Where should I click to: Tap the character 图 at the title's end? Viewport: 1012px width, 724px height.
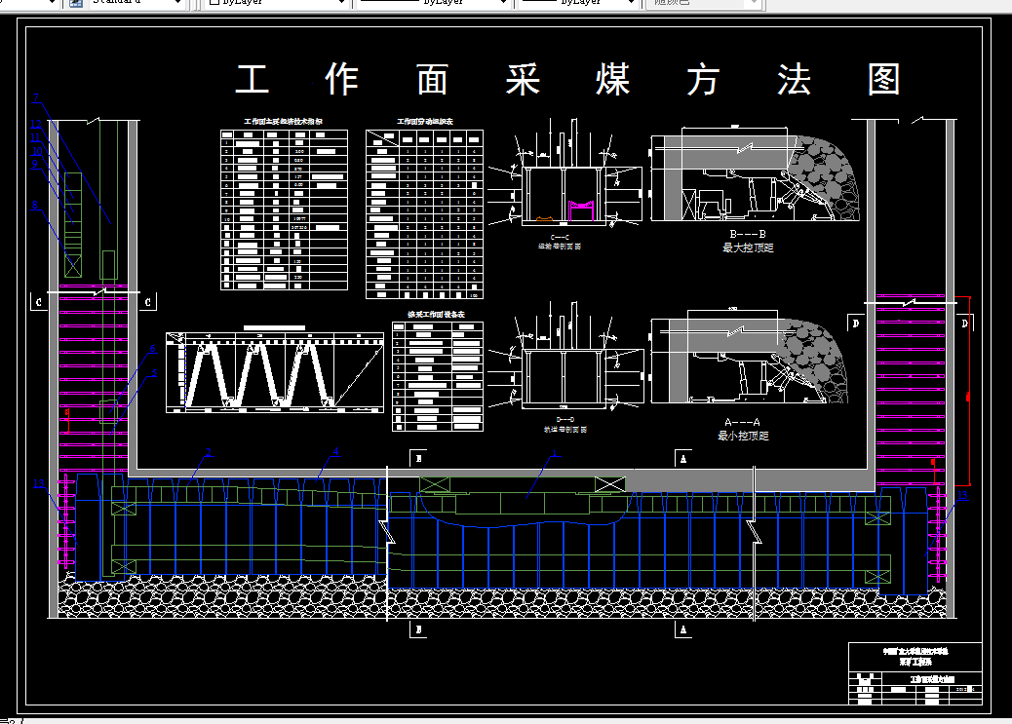[884, 80]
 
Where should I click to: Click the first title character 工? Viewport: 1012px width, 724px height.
[252, 80]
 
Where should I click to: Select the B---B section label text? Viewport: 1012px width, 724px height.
[747, 235]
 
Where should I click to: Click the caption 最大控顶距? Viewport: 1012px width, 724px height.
[747, 248]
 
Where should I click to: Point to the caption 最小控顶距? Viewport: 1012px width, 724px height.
[743, 436]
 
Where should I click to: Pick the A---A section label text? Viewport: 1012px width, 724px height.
[743, 422]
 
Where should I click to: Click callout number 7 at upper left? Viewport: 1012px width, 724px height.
[35, 97]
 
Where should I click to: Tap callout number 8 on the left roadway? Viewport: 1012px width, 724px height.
[35, 205]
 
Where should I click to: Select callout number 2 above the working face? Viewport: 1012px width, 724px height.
[208, 452]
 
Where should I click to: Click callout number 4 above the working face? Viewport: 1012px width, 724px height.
[335, 452]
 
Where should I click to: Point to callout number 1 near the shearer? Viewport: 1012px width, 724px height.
[556, 453]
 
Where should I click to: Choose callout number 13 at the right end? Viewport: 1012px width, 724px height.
[962, 496]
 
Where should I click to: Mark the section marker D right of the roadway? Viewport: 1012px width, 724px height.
[964, 323]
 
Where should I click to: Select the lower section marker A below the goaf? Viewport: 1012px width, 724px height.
[683, 630]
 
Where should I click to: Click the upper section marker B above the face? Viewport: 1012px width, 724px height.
[418, 456]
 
